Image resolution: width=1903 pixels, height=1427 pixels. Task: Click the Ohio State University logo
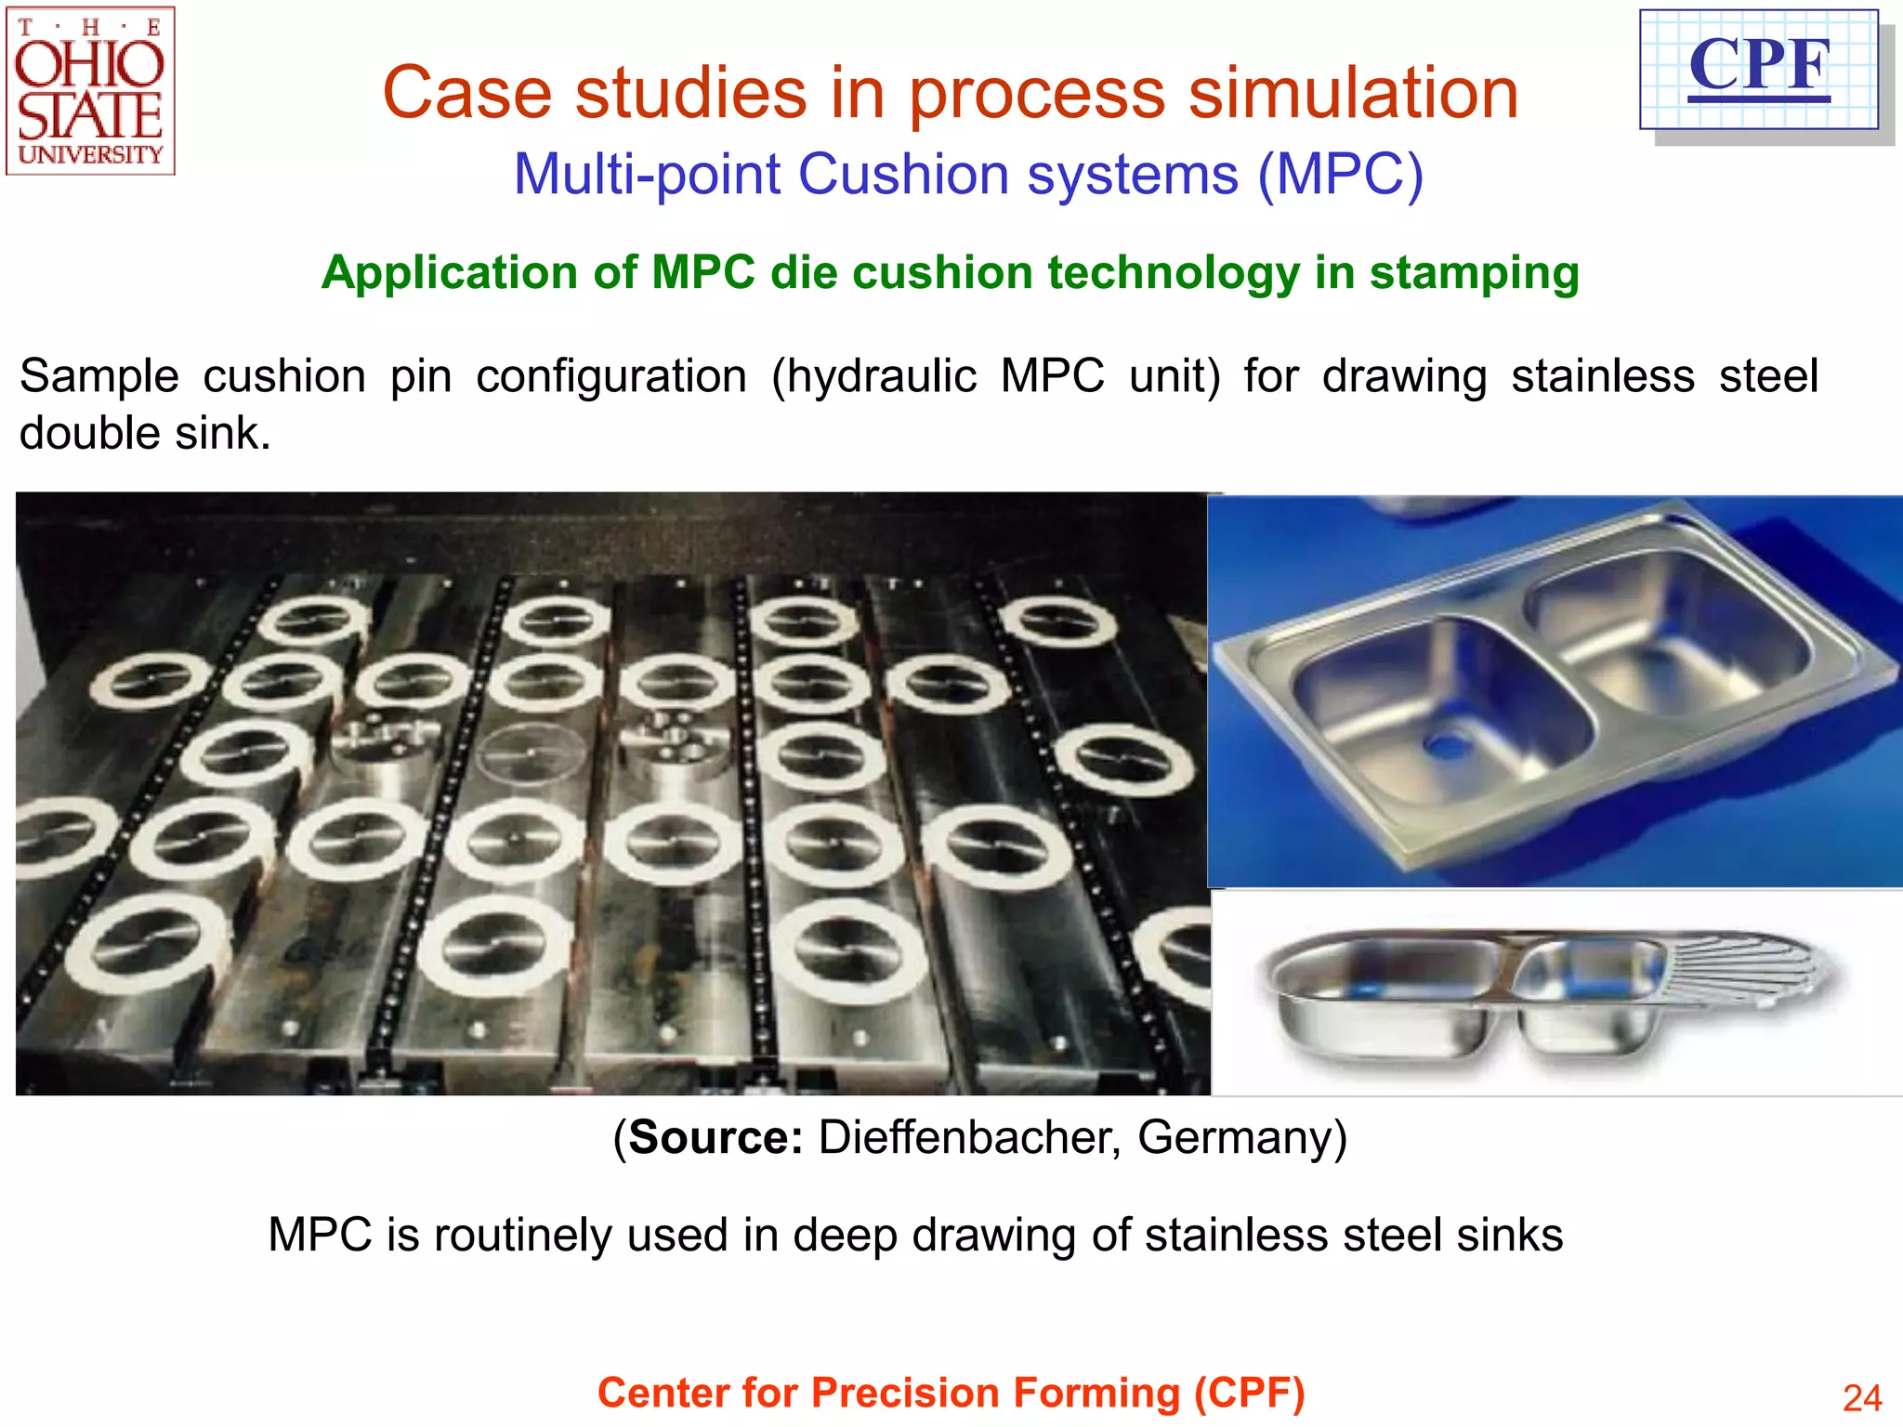tap(90, 91)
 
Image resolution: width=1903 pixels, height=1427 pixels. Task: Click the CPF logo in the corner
tap(1759, 70)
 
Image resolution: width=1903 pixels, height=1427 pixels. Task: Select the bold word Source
tap(715, 1137)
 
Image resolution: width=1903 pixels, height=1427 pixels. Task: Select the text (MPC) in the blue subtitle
tap(1340, 174)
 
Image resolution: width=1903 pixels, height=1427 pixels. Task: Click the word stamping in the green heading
tap(1474, 273)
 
